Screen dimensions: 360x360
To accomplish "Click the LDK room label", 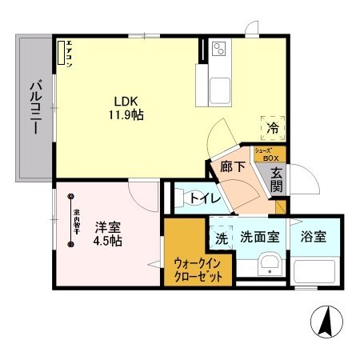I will coord(127,102).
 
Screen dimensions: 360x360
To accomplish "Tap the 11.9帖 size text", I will coord(127,116).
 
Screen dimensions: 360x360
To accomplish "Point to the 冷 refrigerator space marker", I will coord(271,127).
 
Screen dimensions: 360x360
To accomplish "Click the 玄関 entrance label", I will coord(276,179).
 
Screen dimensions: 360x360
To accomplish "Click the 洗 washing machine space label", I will coord(220,237).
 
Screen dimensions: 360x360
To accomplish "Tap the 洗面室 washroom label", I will coord(259,237).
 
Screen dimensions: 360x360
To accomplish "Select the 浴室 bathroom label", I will coord(314,237).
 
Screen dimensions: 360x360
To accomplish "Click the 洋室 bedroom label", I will coord(106,226).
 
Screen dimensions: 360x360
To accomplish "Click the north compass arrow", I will coord(327,322).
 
